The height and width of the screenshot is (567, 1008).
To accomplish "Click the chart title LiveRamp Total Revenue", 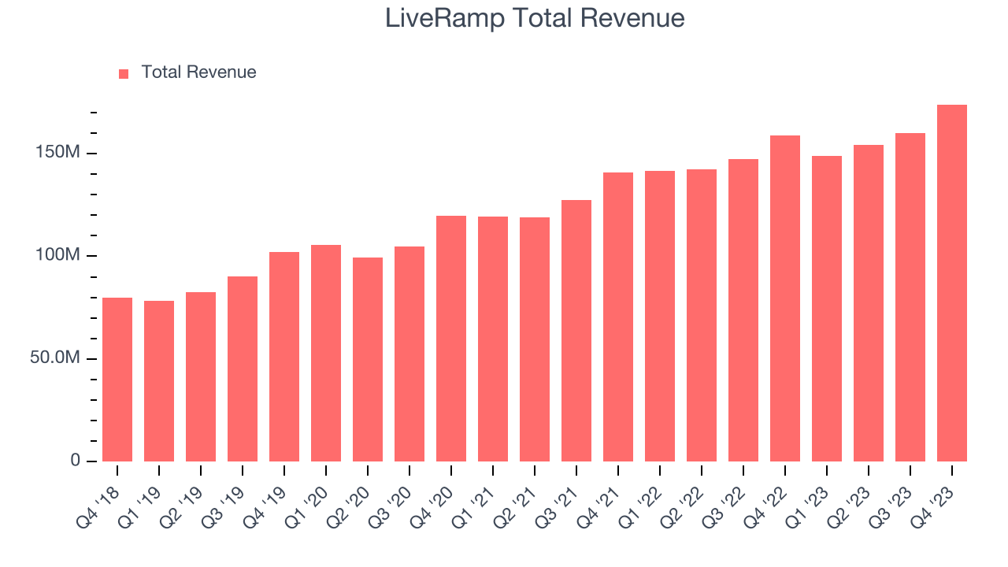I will point(535,18).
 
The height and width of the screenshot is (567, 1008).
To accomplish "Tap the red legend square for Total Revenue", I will point(124,73).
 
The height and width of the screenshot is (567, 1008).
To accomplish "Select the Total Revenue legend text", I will point(198,72).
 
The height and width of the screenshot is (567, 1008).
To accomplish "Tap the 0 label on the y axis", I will point(76,460).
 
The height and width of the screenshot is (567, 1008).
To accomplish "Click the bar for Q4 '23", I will point(951,283).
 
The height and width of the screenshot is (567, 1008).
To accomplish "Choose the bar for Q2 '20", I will point(368,359).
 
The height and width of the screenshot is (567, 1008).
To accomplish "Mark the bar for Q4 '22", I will point(784,298).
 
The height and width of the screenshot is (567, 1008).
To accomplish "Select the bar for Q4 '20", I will point(451,339).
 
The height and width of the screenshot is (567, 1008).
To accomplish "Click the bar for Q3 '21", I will point(576,331).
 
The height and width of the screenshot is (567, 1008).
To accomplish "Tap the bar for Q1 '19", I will point(159,381).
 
